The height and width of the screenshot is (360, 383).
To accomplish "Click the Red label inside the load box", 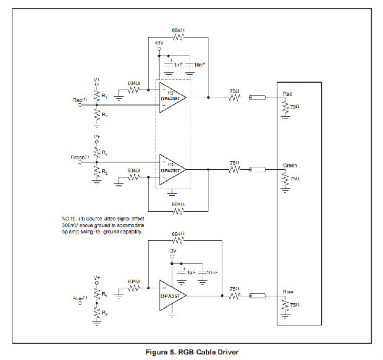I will tap(287, 94).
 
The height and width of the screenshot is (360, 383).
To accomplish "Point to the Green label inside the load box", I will tap(290, 165).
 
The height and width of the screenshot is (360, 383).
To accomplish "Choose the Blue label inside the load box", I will tap(288, 291).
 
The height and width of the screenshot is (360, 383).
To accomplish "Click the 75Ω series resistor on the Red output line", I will tap(234, 98).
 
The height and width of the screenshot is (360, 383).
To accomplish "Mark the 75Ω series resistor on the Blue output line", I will tap(234, 296).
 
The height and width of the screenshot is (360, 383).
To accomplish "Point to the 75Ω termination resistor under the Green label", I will tap(285, 178).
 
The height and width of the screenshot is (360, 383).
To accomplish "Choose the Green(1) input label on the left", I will tap(80, 157).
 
